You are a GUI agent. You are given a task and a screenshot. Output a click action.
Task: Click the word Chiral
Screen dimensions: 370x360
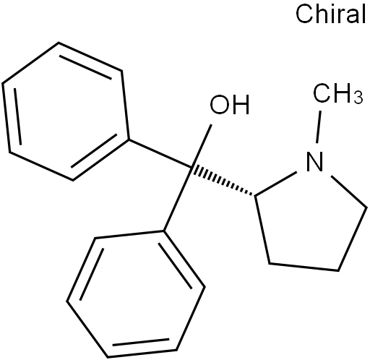330,14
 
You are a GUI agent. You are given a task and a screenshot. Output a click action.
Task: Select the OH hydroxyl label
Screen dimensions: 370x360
230,104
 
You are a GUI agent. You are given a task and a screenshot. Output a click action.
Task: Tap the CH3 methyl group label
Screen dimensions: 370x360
337,93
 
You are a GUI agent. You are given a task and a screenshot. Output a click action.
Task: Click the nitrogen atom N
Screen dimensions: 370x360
314,161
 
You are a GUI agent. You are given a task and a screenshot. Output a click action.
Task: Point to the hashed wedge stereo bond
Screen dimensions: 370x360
222,181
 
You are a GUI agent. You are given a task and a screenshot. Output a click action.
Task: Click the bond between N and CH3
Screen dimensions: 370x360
319,127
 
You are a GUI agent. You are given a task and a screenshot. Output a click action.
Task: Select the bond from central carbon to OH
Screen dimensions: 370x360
201,146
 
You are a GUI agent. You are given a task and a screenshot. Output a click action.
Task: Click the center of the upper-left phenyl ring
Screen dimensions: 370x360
66,111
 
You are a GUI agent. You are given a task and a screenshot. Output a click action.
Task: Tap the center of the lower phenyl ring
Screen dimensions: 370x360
136,294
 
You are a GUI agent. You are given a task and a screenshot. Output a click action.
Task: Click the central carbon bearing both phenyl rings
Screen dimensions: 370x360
190,167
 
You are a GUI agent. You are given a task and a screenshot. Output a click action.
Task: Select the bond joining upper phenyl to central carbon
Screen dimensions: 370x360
159,153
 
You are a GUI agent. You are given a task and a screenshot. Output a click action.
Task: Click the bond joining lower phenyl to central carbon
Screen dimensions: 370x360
177,199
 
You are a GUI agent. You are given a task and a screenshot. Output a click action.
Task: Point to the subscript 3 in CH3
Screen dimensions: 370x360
358,97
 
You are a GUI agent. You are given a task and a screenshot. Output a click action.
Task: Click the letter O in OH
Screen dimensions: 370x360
220,104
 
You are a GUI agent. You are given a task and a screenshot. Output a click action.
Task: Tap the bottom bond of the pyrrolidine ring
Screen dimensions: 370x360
304,267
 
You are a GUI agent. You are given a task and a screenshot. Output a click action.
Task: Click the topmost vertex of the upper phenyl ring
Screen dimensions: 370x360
59,43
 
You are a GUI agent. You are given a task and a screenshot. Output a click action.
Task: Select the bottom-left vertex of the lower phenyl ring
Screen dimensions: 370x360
67,301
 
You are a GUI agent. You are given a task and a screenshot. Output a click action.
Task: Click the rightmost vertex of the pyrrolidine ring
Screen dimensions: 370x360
367,207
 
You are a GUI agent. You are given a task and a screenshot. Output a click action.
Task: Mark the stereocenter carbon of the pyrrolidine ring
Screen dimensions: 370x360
255,195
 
